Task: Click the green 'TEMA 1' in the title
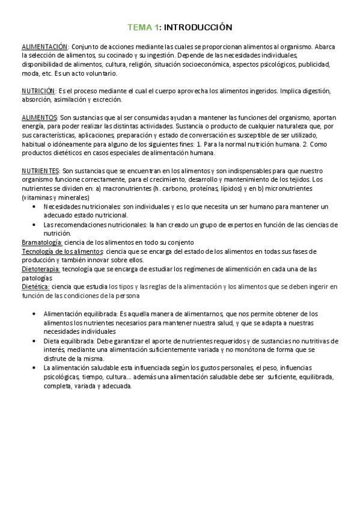[x=143, y=27]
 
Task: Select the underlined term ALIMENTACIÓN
[x=44, y=46]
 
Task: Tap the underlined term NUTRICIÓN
[x=38, y=91]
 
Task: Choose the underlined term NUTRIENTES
[x=40, y=171]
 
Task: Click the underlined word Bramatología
[x=41, y=241]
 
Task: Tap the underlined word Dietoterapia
[x=40, y=269]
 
